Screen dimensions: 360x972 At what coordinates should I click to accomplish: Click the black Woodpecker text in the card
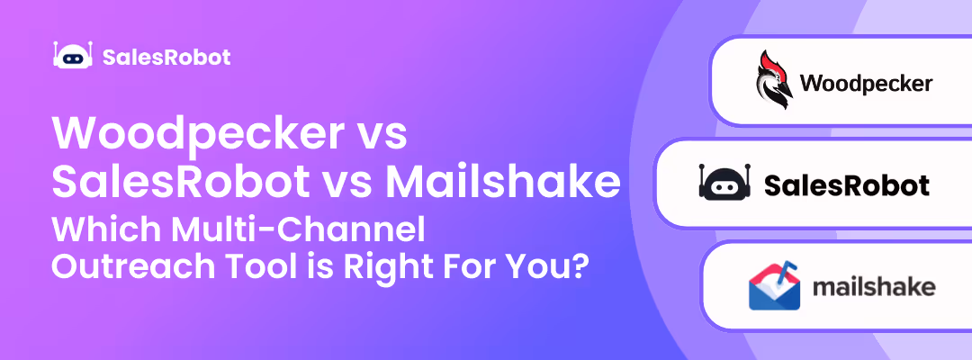[866, 85]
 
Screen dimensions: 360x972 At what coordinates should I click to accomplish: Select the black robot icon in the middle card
[724, 184]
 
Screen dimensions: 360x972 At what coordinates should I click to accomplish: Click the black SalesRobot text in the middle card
[846, 185]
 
